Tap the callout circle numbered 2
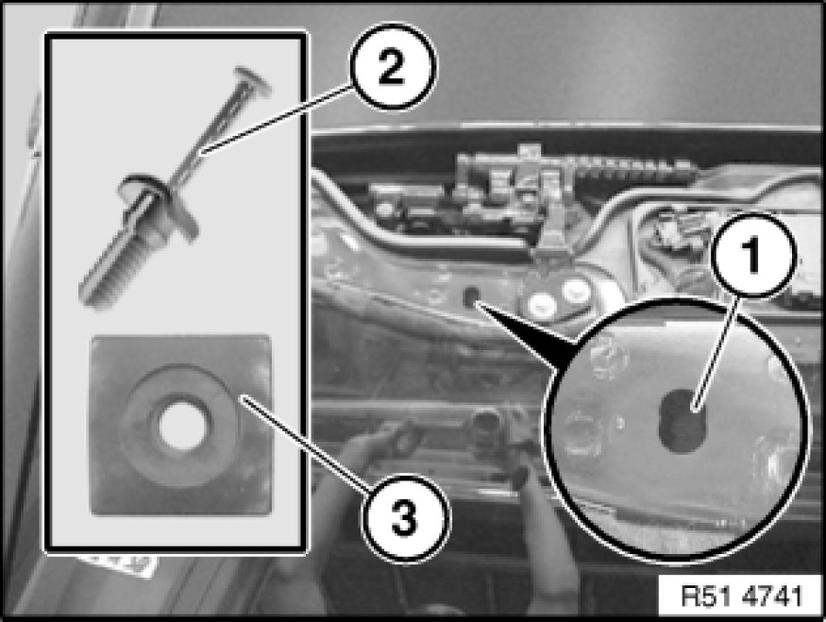click(393, 67)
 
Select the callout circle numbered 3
click(405, 518)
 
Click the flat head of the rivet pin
click(252, 81)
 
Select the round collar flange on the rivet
click(158, 203)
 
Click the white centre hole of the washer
click(182, 426)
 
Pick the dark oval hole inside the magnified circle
click(682, 421)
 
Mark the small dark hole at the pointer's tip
click(470, 296)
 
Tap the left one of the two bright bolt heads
click(542, 304)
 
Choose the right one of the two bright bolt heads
click(575, 289)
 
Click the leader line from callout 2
click(278, 120)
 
